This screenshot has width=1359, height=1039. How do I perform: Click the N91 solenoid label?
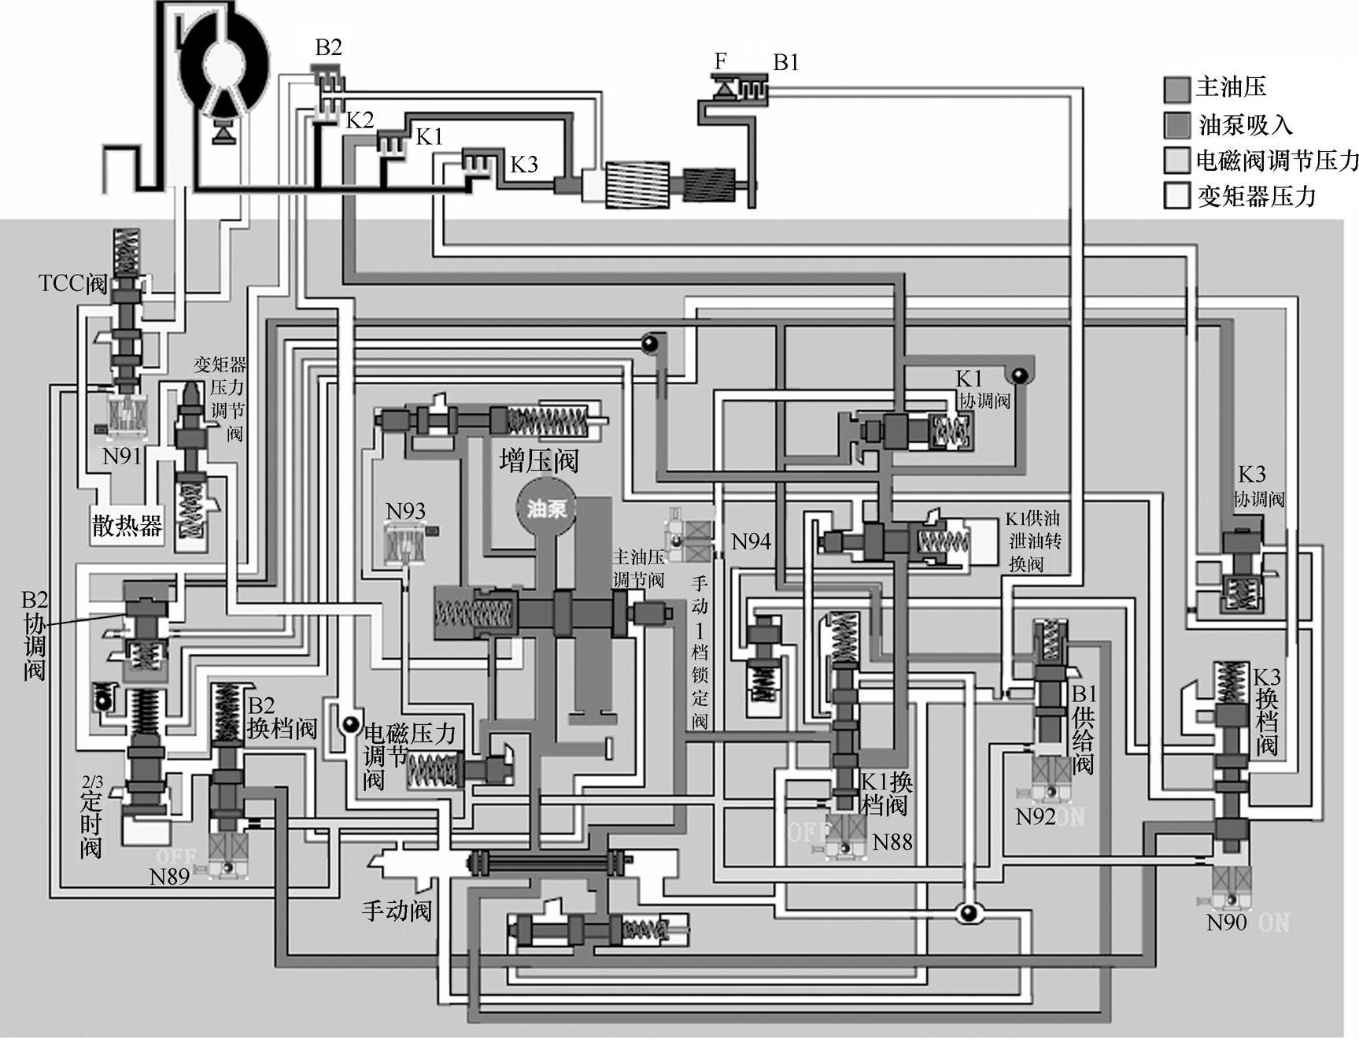point(121,455)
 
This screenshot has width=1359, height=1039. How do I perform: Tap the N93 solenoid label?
point(405,511)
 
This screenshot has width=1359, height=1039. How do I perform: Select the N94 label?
point(751,542)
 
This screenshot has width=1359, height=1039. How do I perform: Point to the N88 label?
point(892,842)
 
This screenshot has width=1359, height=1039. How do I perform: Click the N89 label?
point(169,876)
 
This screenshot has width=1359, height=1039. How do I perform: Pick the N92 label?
point(1035,816)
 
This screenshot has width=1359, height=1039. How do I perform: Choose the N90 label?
point(1227,922)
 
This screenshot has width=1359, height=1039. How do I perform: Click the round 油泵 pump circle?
point(546,508)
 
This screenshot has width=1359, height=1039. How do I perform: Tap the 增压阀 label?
point(538,460)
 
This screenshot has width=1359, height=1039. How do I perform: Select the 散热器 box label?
point(127,525)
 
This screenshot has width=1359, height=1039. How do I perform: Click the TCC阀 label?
point(72,283)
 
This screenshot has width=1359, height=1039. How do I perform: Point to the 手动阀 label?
point(397,911)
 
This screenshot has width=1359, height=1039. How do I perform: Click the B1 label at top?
point(785,62)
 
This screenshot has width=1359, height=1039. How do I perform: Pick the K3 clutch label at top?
point(524,165)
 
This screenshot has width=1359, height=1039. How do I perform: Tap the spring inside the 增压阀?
point(548,421)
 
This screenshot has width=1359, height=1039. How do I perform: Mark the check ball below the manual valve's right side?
point(967,912)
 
